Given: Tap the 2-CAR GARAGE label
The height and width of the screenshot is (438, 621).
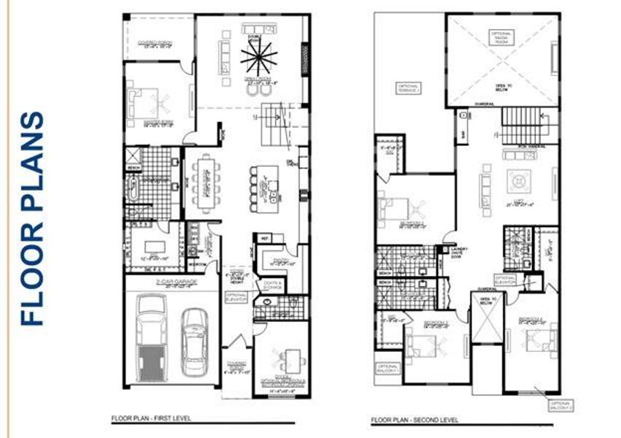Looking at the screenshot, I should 171,282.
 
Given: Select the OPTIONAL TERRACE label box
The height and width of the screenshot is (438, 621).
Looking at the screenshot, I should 409,88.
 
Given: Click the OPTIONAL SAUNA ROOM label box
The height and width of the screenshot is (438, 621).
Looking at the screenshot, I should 502,36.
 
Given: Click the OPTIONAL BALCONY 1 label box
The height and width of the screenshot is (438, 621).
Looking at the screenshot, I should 388,369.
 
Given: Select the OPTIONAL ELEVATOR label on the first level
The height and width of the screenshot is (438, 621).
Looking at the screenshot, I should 237,298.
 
